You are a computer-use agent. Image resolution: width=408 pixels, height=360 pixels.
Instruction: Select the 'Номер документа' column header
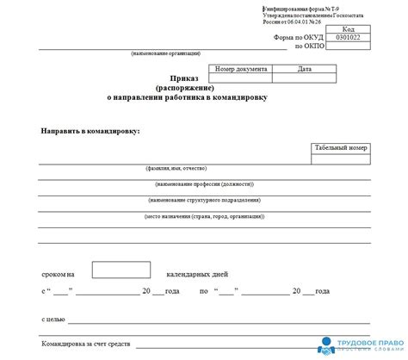pos(242,69)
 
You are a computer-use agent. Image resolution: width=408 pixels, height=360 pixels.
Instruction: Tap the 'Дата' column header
pos(304,69)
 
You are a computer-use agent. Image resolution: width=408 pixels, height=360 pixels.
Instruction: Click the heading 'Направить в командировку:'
pos(90,130)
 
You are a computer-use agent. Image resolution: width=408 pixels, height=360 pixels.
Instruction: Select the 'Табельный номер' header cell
pos(341,148)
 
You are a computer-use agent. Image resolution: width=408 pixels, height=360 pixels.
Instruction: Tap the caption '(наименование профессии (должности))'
pos(205,184)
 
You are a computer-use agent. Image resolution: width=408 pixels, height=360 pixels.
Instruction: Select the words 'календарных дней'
pos(195,273)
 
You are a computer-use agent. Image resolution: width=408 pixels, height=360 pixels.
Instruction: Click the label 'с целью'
pos(53,319)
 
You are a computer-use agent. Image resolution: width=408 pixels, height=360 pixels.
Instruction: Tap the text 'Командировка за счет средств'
pos(86,344)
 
